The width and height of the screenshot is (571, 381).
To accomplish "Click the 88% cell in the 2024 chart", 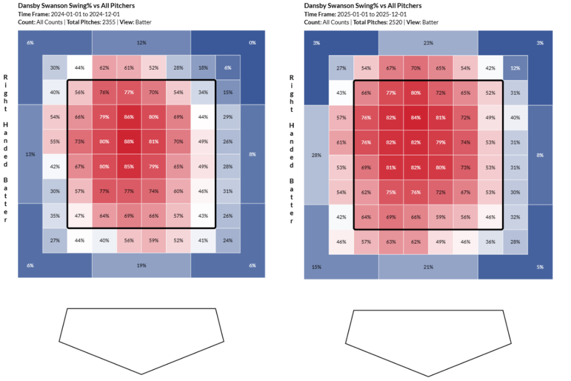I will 129,142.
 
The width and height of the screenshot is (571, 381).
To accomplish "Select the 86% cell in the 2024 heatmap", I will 129,117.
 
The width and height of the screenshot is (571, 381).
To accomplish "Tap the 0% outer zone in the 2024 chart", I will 252,43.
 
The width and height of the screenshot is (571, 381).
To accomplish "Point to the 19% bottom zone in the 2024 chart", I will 141,266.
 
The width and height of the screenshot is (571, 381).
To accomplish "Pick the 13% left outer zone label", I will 30,154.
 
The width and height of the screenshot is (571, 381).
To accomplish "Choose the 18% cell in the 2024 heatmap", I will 203,67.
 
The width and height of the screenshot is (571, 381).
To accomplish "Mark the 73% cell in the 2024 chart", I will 79,142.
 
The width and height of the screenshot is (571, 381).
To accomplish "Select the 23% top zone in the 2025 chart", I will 428,43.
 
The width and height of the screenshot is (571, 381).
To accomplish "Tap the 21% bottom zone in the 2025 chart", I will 428,267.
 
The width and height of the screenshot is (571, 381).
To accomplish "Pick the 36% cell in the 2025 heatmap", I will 490,242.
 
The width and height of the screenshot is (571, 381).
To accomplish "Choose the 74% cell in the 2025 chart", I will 465,142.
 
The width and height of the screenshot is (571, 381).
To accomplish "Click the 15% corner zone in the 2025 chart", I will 317,267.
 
